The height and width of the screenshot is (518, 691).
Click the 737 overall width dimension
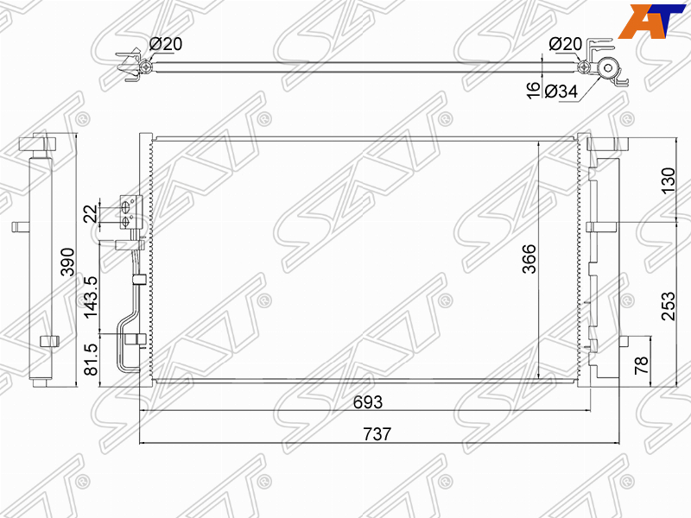point(377,434)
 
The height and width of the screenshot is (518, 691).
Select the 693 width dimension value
point(368,401)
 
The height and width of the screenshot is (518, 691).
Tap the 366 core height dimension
point(529,258)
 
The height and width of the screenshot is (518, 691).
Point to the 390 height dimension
point(67,262)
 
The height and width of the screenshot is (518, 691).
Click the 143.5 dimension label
point(91,297)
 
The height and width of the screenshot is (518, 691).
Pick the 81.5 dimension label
point(91,359)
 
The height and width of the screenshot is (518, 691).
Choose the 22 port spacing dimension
point(91,213)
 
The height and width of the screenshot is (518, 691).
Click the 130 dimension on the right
point(668,180)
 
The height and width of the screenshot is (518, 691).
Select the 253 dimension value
point(668,306)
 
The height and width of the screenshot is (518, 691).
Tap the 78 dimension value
point(642,364)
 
